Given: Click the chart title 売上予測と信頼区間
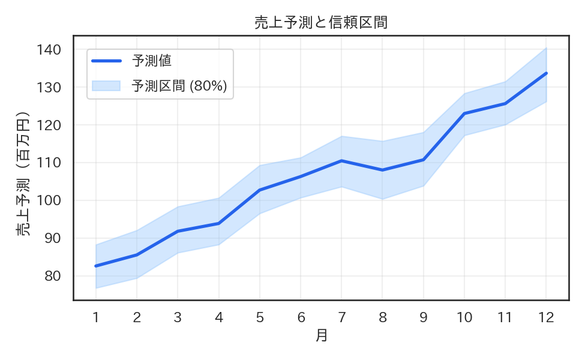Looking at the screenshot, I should pos(321,23).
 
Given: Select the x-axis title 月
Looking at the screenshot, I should pos(322,335).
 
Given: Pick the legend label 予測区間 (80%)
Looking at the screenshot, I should pos(179,86).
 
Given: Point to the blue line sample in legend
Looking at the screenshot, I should pos(106,61).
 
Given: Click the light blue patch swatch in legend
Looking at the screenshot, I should pos(106,86).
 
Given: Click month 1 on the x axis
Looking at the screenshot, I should pos(95,317).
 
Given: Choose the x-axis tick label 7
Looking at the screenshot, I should pos(341,317).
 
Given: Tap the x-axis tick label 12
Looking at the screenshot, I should pos(546,317).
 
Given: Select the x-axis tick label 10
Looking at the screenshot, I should pos(464,317).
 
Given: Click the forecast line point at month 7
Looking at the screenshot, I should pos(341,161).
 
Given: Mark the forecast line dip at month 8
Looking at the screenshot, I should pos(382,170).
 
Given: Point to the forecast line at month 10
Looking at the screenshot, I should pos(464,113).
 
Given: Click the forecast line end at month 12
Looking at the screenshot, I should pos(546,73).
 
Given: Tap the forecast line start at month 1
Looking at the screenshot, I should pos(96,266).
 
